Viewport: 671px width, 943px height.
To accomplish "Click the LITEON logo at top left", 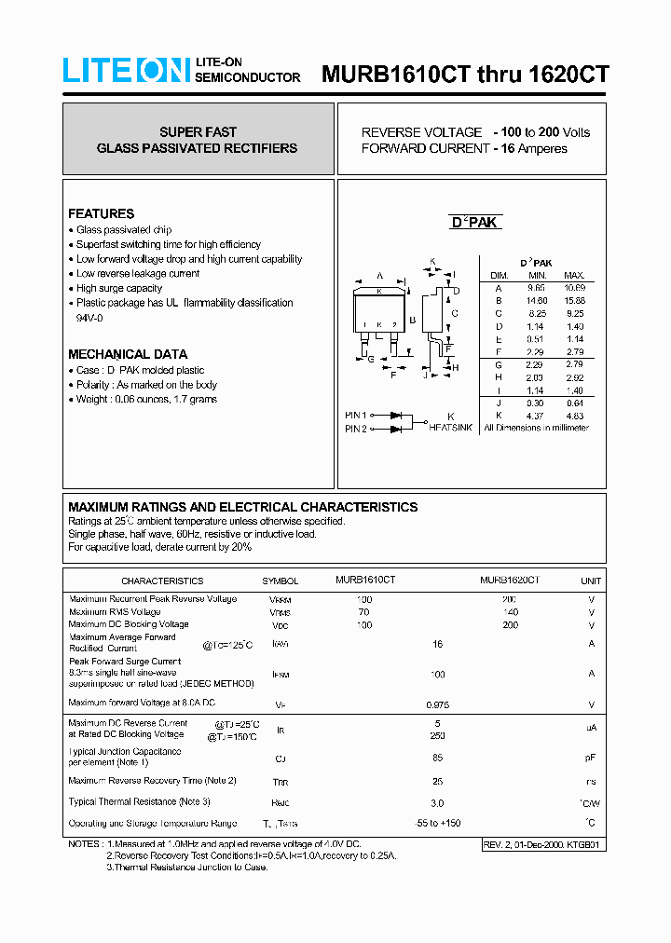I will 127,71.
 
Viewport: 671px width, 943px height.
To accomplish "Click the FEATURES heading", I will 101,213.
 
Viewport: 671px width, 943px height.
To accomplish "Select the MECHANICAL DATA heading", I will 127,354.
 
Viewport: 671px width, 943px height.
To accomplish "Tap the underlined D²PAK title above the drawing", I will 475,222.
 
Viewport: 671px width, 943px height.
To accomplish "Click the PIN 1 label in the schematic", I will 355,416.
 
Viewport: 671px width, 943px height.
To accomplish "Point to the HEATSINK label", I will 450,428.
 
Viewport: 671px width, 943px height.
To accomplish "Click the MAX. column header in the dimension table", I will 574,275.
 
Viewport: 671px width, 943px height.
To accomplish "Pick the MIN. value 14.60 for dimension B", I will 536,301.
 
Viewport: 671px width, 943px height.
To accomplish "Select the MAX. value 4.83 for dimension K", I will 574,415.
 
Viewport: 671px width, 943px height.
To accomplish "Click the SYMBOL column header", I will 280,581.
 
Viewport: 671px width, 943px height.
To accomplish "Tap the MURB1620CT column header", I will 510,580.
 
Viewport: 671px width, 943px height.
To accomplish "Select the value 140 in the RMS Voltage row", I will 510,611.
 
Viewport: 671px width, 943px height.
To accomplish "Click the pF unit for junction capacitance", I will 590,758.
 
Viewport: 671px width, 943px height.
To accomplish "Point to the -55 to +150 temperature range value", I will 437,823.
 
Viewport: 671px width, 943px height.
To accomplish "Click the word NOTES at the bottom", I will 85,843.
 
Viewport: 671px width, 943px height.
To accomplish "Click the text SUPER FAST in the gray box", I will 198,132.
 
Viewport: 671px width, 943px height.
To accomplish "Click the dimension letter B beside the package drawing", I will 412,321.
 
